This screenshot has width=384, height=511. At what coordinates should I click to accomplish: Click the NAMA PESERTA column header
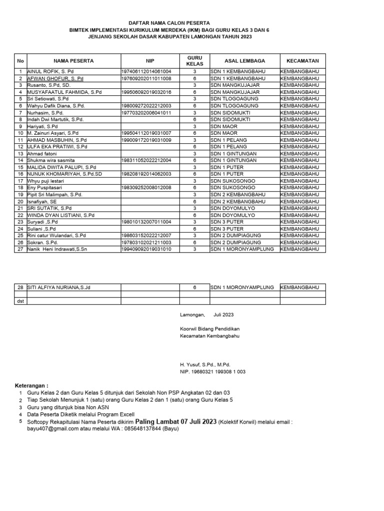[73, 61]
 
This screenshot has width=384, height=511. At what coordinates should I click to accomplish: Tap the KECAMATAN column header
[302, 61]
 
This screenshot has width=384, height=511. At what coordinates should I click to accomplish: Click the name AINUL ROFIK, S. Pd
[50, 72]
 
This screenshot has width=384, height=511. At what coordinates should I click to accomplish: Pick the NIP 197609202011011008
[146, 79]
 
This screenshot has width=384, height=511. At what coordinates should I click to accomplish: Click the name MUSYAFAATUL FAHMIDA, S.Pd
[64, 92]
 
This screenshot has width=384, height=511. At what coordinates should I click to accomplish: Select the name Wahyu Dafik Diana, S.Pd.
[56, 106]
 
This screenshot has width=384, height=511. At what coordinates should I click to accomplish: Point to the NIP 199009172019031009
[146, 140]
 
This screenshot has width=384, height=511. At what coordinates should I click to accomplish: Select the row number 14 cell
[20, 160]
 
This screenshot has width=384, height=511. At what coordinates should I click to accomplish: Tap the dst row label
[20, 301]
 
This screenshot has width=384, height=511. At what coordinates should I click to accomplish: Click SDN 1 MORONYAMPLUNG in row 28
[242, 287]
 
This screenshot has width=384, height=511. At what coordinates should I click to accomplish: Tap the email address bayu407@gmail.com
[52, 429]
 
